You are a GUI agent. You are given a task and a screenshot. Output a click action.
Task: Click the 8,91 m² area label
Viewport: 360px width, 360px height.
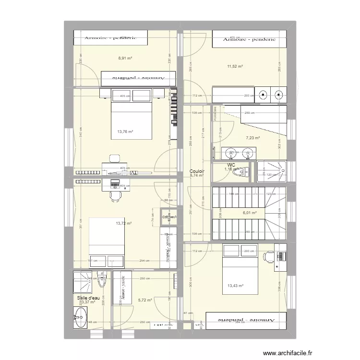click(125, 58)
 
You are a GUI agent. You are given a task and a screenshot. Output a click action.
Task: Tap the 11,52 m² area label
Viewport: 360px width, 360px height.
click(235, 66)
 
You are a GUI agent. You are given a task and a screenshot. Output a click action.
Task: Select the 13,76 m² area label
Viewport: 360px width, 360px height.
click(125, 132)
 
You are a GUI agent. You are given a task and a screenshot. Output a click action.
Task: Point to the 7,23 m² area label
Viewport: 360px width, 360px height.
click(253, 138)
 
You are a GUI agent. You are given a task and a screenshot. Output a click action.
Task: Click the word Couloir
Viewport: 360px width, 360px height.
click(197, 171)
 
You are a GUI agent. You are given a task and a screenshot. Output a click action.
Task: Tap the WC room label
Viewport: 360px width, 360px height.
click(231, 165)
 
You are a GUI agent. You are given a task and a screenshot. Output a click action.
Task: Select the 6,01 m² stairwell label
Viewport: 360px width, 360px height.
click(250, 213)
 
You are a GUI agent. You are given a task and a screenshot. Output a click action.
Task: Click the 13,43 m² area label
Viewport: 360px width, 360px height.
click(235, 287)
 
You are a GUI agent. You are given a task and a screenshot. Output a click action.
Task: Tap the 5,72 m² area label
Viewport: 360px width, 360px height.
click(145, 300)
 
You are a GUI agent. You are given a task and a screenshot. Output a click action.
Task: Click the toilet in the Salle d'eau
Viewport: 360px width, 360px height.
click(101, 278)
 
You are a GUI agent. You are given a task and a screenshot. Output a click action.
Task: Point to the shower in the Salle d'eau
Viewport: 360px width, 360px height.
click(82, 282)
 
